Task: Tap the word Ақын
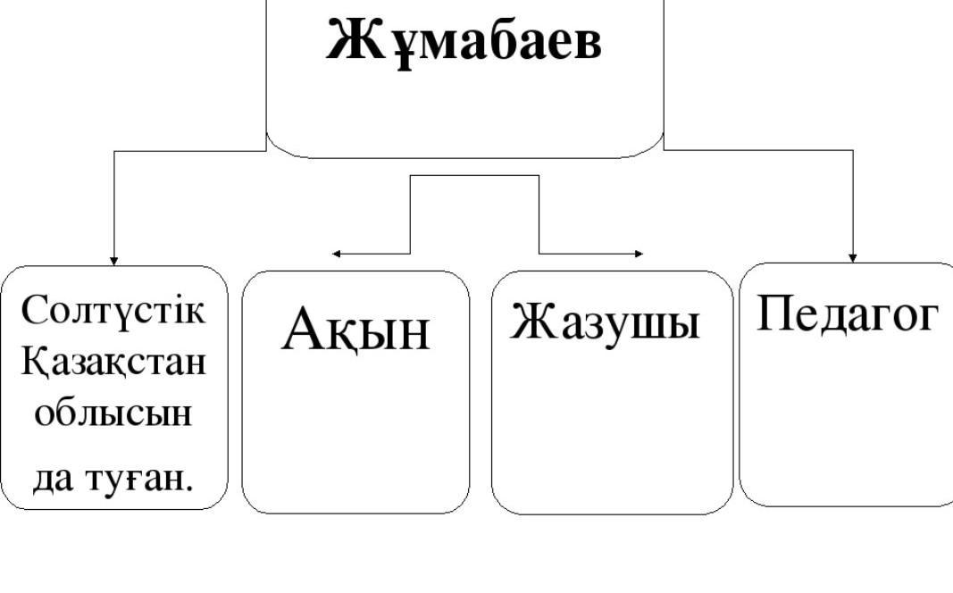[x=355, y=330]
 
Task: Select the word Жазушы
[x=606, y=322]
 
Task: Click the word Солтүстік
[x=113, y=311]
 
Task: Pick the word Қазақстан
[x=113, y=363]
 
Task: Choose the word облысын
[x=113, y=414]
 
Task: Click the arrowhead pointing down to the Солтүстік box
[x=113, y=261]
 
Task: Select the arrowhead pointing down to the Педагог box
[x=853, y=257]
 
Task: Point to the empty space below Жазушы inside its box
[x=612, y=429]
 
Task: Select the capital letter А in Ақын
[x=302, y=330]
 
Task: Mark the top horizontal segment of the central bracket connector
[x=474, y=175]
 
